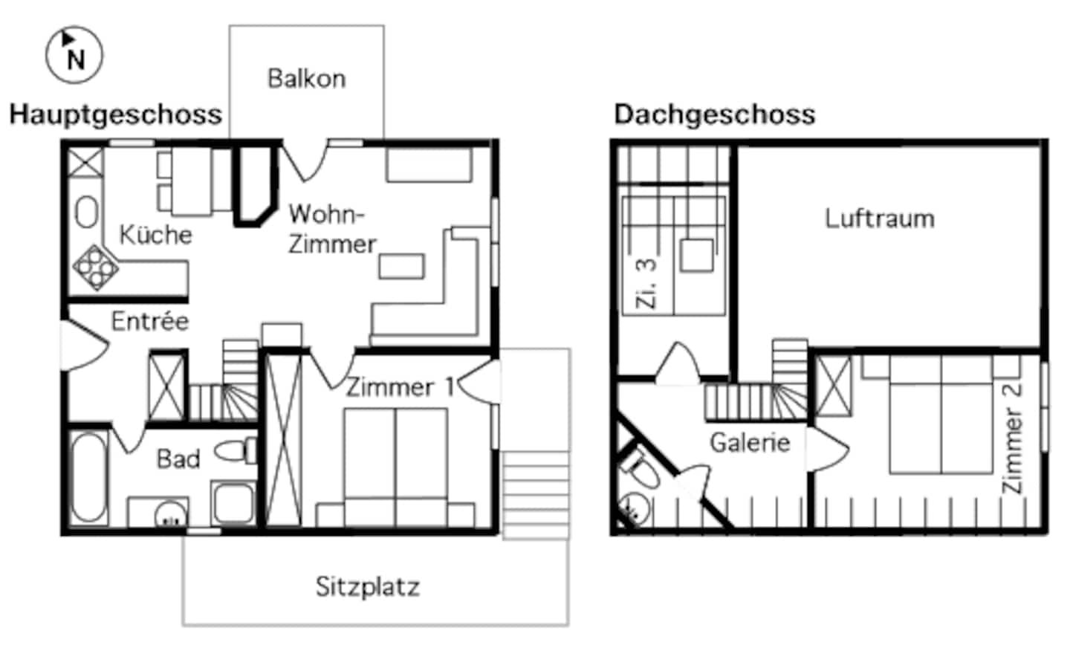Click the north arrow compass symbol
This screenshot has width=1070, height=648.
[74, 55]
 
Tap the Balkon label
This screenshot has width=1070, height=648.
[306, 79]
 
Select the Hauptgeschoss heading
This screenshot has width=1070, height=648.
[116, 114]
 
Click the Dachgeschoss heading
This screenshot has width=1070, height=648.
[714, 114]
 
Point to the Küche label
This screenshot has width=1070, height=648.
[155, 235]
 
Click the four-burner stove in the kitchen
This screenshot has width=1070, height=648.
[96, 267]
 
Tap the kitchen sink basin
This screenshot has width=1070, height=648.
[87, 213]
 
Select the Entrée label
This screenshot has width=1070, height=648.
[150, 321]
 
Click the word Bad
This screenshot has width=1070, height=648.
[178, 459]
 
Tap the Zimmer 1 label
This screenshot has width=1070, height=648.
[400, 387]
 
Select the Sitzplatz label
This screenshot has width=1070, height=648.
[367, 586]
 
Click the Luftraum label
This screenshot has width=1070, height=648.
[880, 218]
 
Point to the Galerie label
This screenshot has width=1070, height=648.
[750, 443]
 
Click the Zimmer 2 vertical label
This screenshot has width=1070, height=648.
[1012, 438]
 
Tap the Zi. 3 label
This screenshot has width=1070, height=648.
[646, 283]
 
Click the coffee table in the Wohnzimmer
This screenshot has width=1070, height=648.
[401, 266]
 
